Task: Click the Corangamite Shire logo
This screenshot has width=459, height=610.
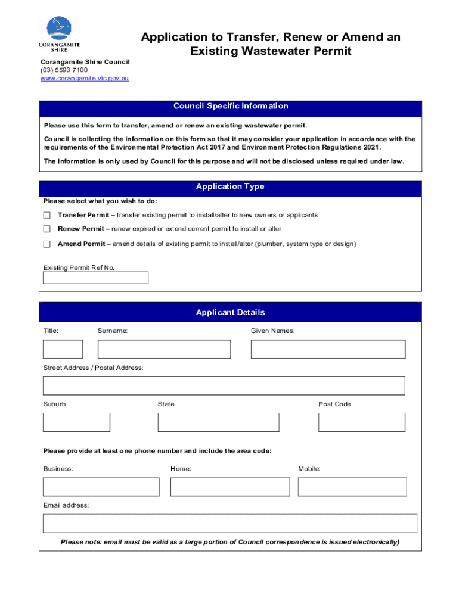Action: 59,34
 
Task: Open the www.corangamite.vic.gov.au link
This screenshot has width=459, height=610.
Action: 84,78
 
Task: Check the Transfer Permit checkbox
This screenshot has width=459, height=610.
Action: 47,215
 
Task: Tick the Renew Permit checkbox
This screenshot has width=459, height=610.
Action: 47,229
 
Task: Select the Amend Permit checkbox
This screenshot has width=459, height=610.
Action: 47,244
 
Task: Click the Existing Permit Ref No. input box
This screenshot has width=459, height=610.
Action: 95,278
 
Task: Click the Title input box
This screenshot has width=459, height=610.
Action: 63,349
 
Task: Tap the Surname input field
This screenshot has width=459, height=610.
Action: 164,349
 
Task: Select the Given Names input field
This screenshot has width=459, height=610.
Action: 328,349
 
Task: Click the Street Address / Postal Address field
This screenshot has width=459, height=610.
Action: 224,385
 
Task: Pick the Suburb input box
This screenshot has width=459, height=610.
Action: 76,422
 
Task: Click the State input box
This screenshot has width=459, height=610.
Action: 218,422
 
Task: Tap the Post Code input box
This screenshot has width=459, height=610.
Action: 361,422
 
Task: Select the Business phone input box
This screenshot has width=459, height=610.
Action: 101,487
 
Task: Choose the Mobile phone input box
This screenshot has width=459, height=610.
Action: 352,487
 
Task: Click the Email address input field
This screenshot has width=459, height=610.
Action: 230,524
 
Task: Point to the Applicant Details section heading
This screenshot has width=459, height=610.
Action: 230,313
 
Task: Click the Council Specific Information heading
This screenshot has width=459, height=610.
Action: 230,107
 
